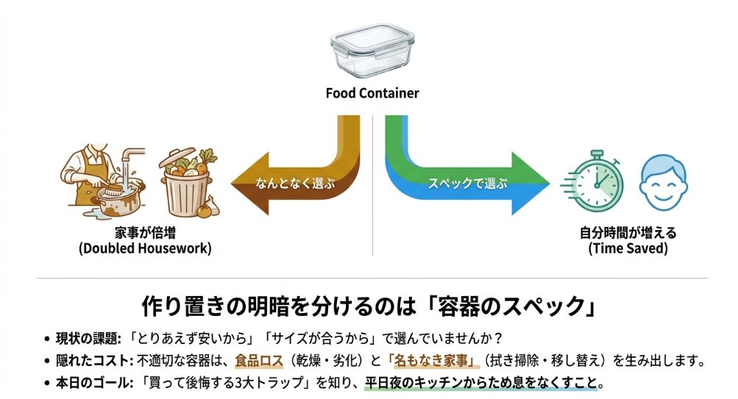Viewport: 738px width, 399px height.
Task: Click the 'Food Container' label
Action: click(x=372, y=93)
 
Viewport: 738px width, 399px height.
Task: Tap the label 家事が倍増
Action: click(x=144, y=233)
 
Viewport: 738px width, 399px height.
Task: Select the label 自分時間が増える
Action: click(x=628, y=233)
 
